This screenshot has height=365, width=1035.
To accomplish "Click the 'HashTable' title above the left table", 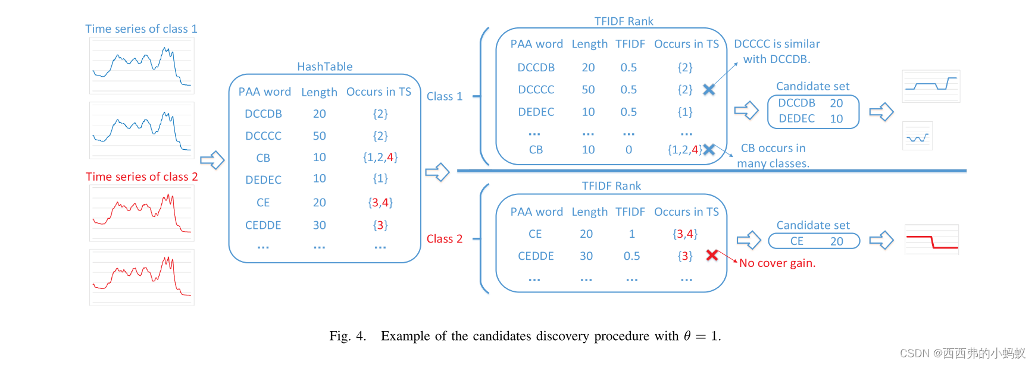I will click(324, 67).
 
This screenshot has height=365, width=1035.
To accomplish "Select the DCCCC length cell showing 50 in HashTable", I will click(319, 136).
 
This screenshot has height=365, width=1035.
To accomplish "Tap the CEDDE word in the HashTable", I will click(263, 225).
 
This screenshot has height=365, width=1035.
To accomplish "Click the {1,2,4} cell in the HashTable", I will click(380, 158).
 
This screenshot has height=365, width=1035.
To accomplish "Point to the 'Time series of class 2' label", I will click(142, 177).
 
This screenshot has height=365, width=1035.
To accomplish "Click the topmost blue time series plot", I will click(142, 66).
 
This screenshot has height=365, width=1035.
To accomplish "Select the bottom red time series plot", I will click(142, 277).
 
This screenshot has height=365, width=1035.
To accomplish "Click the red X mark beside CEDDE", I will click(712, 255).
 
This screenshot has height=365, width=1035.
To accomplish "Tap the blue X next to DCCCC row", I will click(709, 90).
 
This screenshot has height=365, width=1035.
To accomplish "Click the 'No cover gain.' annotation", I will click(777, 263).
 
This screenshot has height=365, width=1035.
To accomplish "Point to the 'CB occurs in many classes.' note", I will click(773, 156).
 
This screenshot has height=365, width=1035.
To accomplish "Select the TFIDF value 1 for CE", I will click(631, 234).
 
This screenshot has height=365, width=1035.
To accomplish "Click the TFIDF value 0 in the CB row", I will click(628, 150).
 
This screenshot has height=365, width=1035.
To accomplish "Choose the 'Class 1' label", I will click(444, 96).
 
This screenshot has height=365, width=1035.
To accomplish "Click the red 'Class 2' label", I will click(444, 239).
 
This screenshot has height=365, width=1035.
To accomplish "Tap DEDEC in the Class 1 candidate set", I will click(796, 119).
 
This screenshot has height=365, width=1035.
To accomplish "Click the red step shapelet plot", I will click(931, 240).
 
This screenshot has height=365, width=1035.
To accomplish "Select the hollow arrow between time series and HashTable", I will click(212, 160).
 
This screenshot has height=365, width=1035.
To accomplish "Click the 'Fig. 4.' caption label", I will click(348, 336).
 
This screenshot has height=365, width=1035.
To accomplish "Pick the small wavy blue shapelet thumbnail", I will click(917, 136).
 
